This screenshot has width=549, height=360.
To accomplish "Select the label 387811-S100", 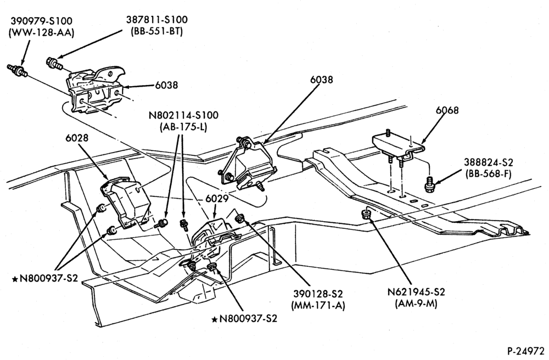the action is (x=157, y=20).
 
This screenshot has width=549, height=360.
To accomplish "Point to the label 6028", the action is (x=77, y=138).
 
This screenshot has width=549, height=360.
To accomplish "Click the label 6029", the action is (x=217, y=199).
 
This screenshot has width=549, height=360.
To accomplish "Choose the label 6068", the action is (x=447, y=110).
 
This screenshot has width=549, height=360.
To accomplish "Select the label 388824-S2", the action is (x=489, y=162).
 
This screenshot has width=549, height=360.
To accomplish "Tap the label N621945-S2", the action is (x=416, y=292).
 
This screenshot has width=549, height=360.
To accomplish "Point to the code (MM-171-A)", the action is (x=318, y=305).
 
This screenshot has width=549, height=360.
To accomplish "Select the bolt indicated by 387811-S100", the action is (x=54, y=63).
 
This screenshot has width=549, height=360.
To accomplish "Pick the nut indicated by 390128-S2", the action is (x=240, y=218).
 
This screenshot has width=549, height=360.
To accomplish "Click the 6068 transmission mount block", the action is (x=397, y=147).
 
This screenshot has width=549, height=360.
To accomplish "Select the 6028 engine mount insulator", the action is (x=126, y=200).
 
